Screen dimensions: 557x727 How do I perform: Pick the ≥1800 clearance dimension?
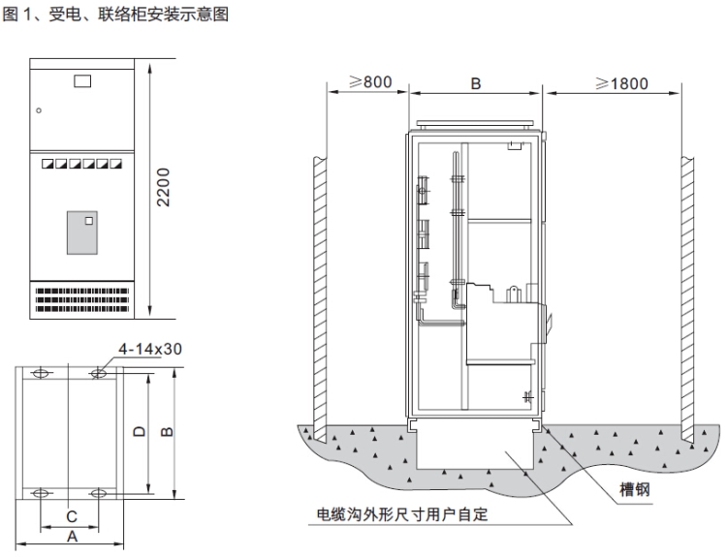pos(620,83)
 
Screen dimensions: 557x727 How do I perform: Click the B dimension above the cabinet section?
pos(476,84)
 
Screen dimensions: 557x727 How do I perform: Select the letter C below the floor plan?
pos(70,517)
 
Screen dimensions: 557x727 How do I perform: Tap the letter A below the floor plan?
pos(71,536)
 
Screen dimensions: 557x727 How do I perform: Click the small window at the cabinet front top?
pos(82,81)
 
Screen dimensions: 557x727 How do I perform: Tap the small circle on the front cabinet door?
pos(39,110)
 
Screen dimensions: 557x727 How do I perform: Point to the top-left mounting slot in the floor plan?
pos(42,373)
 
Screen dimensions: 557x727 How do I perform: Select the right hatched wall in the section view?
pos(688,291)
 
